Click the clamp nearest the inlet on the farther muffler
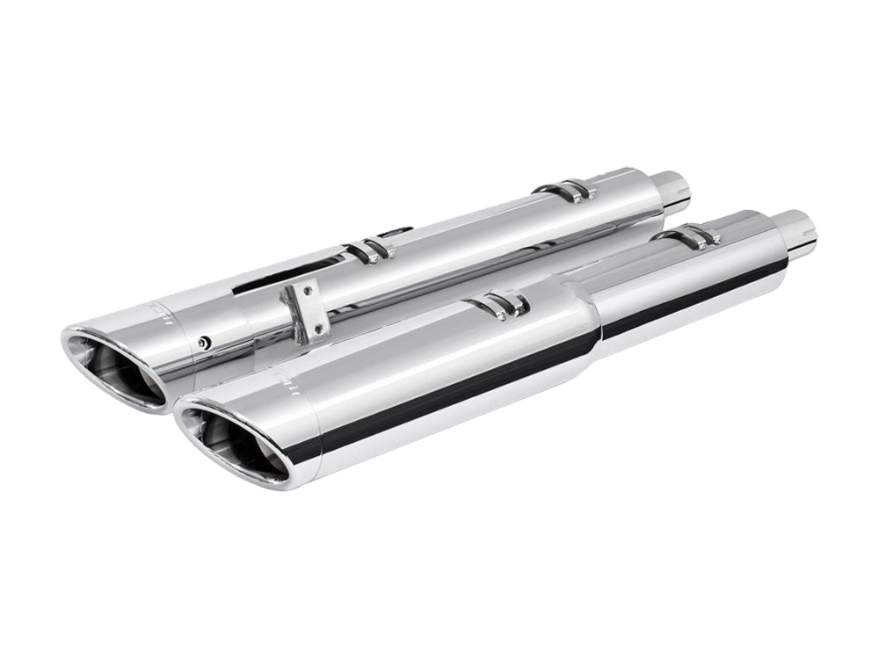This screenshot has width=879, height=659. tap(567, 190)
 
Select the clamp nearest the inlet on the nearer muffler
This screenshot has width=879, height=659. tap(690, 235)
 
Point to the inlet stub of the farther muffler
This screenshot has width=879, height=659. tap(672, 188)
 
